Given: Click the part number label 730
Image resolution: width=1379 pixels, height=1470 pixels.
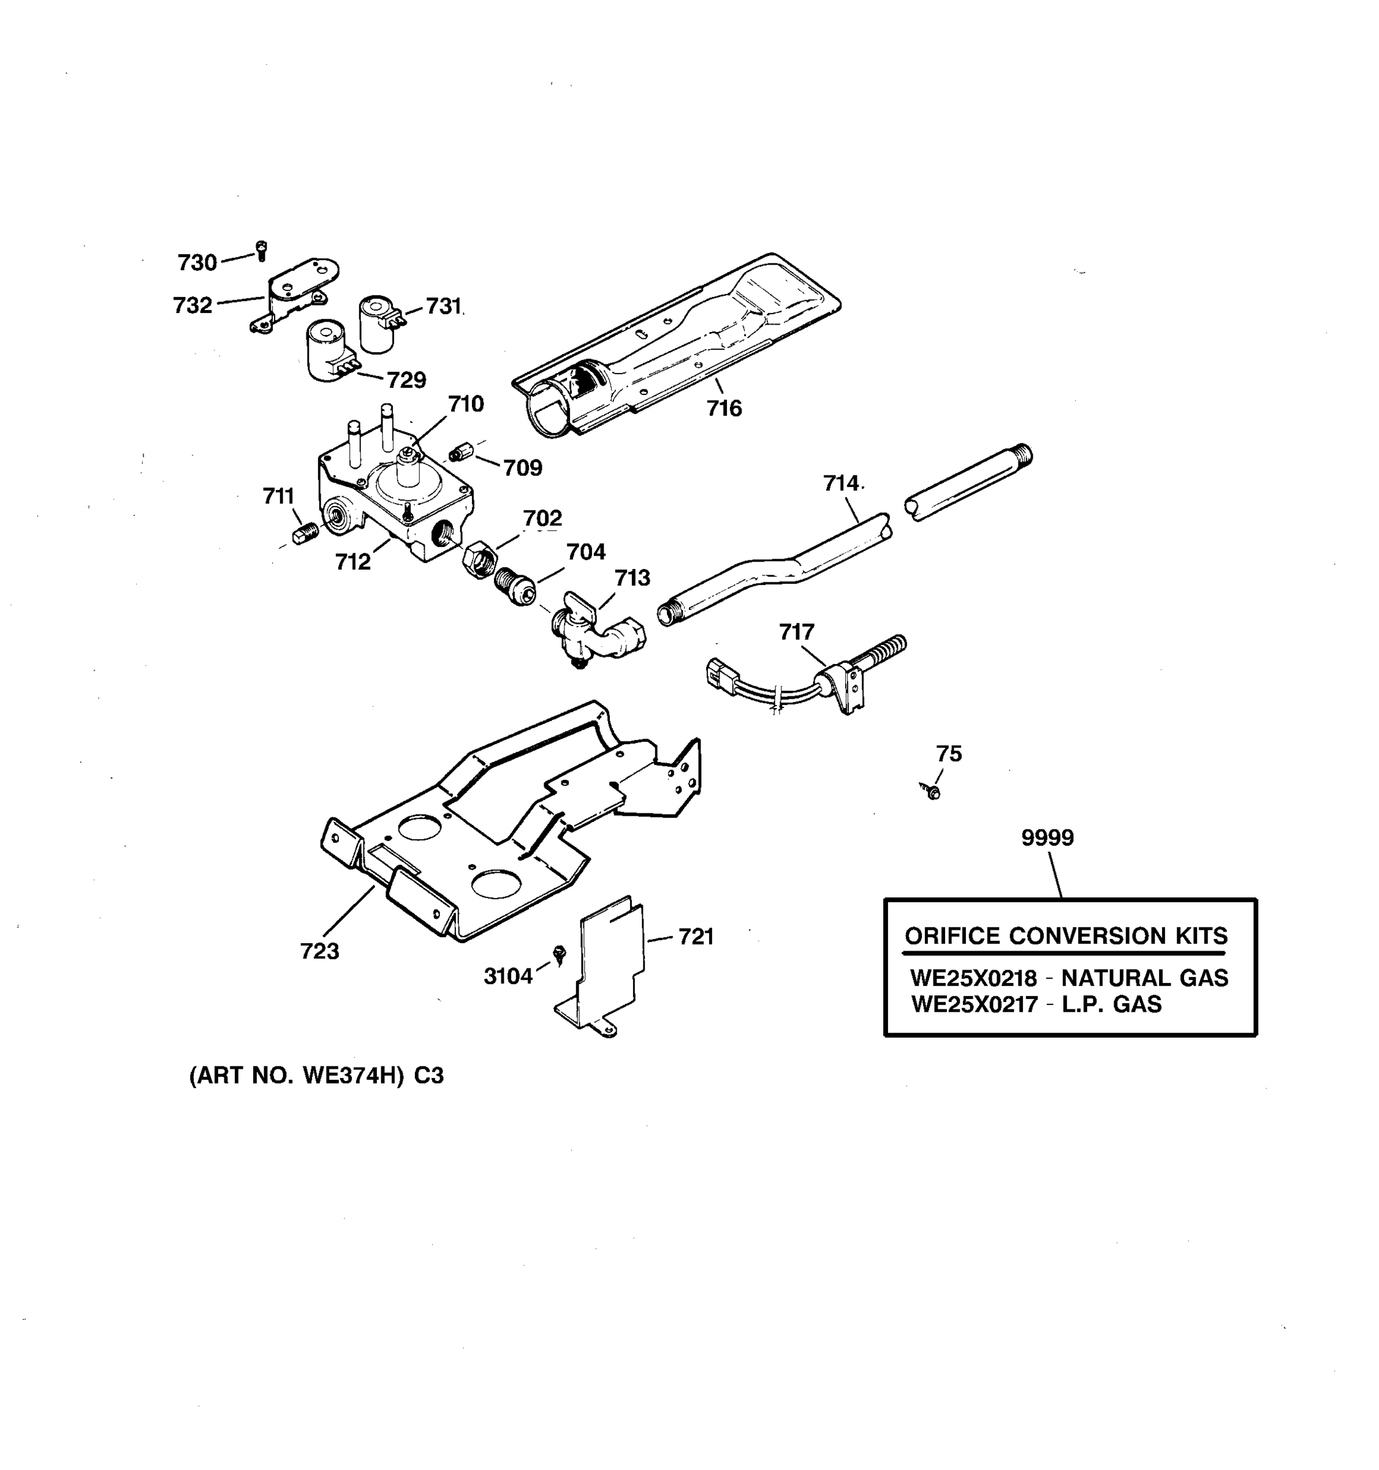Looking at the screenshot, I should (197, 263).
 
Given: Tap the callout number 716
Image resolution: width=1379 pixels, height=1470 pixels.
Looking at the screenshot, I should (724, 408).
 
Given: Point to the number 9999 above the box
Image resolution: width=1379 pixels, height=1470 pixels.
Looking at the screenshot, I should (1047, 838).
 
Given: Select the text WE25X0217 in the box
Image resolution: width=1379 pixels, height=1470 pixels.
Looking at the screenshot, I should (974, 1004).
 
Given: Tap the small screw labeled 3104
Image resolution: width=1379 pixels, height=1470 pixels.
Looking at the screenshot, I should (560, 954).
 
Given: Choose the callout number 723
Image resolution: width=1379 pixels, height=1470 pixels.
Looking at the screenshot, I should (319, 951).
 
